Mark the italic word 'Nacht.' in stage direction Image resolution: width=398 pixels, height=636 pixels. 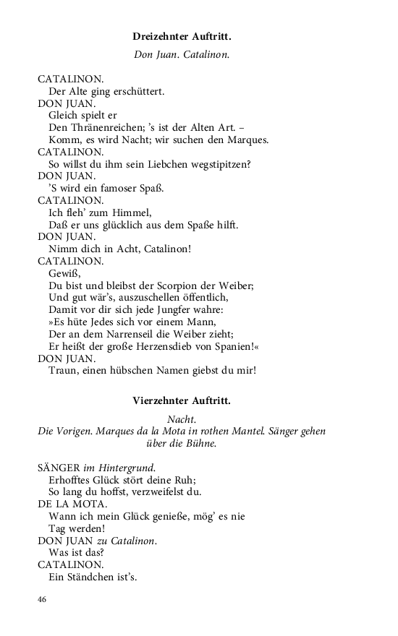(182, 419)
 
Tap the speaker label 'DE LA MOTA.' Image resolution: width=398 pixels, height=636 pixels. (72, 504)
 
